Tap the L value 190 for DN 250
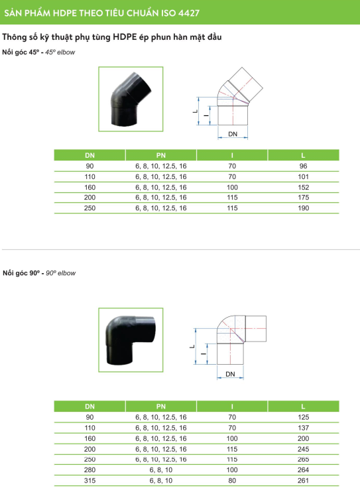pos(303,208)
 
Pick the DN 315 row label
pos(90,480)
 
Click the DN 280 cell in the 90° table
pos(90,469)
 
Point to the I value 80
pos(232,480)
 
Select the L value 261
pos(303,480)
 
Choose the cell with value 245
pos(303,449)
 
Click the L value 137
pos(303,428)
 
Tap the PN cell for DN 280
pos(161,469)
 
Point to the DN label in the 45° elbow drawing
pos(233,134)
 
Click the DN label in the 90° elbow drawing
pos(231,375)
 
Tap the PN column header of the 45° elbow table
pos(161,155)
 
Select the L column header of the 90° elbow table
pos(303,406)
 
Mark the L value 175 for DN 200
pos(303,198)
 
